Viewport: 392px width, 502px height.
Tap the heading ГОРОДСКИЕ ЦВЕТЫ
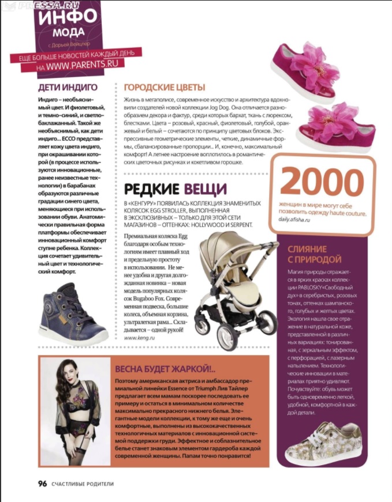point(165,88)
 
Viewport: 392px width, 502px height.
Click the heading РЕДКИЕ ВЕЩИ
point(176,189)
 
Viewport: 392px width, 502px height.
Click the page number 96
point(42,484)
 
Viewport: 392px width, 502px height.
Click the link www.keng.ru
point(137,338)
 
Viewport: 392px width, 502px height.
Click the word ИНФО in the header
point(64,16)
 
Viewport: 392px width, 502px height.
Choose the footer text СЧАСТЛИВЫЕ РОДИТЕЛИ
point(81,484)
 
